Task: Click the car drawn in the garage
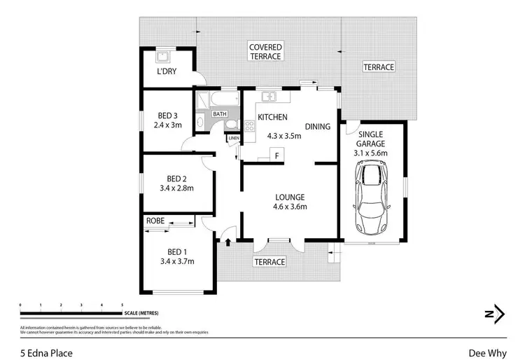pos(371,198)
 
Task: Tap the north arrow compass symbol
pos(496,314)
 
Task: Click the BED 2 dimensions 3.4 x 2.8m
pos(176,188)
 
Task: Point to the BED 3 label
pos(167,116)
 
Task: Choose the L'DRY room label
pos(167,71)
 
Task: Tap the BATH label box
pos(220,114)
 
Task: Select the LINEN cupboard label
pos(234,138)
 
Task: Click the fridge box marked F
pos(276,155)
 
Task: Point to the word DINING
pos(318,126)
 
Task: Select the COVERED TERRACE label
pos(265,51)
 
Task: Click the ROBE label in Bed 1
pos(155,221)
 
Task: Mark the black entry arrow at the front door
pos(227,243)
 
